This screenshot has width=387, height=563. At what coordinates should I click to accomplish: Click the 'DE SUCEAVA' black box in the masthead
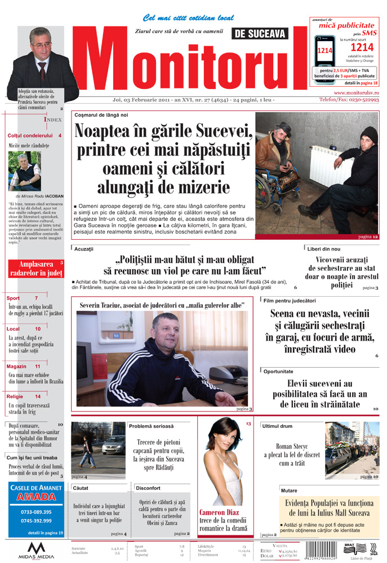(260, 34)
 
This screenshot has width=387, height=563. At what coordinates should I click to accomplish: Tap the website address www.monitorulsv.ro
(356, 92)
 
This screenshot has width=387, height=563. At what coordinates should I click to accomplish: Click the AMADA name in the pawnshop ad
(36, 497)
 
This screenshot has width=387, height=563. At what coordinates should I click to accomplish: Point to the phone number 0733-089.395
(36, 512)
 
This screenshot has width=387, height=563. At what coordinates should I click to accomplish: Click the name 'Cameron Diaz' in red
(219, 512)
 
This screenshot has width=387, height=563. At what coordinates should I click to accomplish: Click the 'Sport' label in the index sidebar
(14, 298)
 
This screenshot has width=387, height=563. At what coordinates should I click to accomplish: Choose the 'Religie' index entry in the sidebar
(16, 396)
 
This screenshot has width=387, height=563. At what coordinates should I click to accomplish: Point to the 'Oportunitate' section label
(278, 372)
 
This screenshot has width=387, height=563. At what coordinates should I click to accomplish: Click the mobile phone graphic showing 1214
(324, 50)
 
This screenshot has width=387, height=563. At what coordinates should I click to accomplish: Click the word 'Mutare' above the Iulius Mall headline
(289, 490)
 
